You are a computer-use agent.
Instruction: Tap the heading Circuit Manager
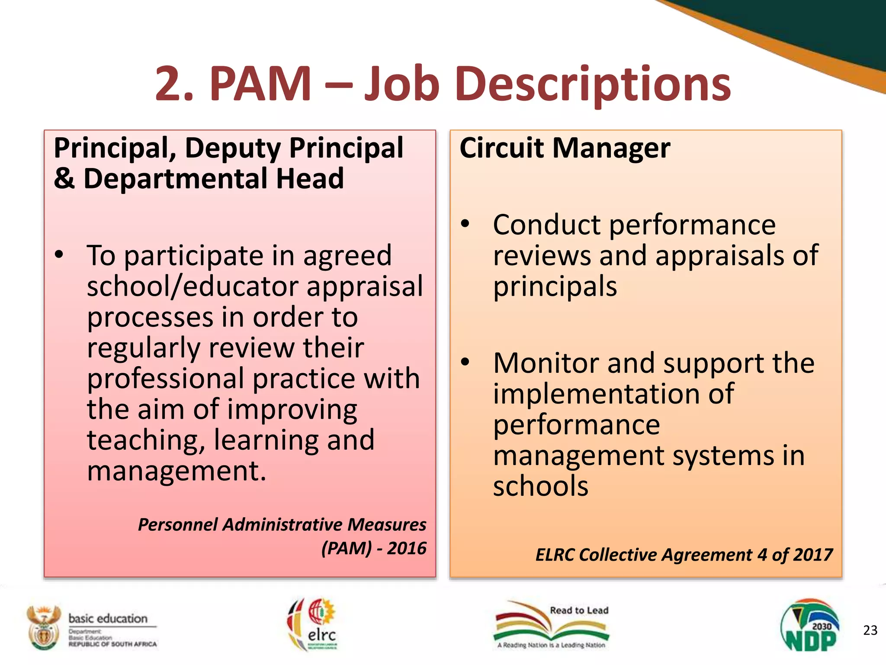[565, 148]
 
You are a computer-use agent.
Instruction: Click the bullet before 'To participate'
[59, 255]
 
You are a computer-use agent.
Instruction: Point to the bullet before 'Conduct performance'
[465, 224]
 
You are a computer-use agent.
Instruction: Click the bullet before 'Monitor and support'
[465, 362]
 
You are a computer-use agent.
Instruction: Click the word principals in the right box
[555, 287]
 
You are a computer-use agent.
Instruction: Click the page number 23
[870, 630]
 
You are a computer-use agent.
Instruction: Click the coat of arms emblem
[43, 627]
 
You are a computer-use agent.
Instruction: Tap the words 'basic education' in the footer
[108, 618]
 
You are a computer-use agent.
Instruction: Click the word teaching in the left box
[146, 440]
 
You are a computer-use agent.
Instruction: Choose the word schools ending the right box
[541, 486]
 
